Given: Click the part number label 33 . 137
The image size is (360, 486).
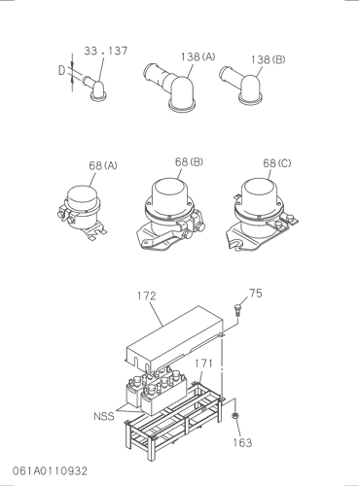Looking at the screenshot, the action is point(106,51).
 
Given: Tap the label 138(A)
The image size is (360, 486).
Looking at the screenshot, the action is point(198,57).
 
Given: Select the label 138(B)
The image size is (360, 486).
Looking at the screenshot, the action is point(268,59).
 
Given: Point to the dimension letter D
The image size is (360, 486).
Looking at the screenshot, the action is point(61,70).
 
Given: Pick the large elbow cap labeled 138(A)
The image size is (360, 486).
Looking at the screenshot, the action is point(172,87).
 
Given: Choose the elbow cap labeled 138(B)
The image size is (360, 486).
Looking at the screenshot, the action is point(244,85).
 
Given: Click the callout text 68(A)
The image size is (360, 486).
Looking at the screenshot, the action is point(103,165).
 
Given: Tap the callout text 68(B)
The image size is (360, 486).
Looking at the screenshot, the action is point(189,161).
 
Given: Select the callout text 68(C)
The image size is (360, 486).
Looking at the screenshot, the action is point(277,163).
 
